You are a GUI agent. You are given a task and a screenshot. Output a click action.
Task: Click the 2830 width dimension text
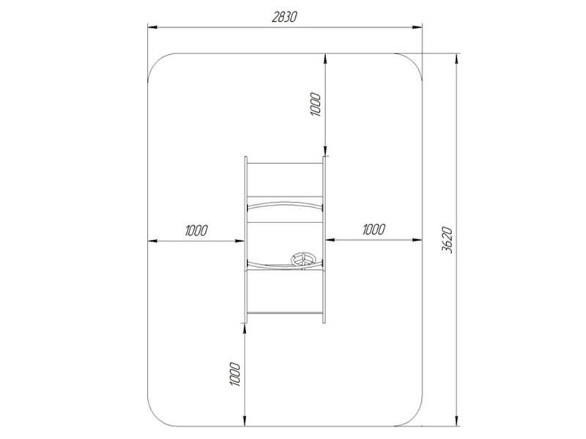(x=284, y=17)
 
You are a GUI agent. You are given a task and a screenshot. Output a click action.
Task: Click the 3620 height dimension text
(x=447, y=240)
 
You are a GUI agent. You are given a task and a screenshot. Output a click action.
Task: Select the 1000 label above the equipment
(x=316, y=104)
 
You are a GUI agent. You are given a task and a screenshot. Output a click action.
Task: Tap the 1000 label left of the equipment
(x=196, y=230)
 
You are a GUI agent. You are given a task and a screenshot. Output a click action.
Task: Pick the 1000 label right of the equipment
(x=374, y=229)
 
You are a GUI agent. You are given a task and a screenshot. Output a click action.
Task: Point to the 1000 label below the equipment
(x=234, y=374)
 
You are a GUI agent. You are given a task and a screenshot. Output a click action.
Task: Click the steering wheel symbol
(x=304, y=260)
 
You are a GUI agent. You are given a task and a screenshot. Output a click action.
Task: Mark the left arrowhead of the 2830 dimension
(x=152, y=27)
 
